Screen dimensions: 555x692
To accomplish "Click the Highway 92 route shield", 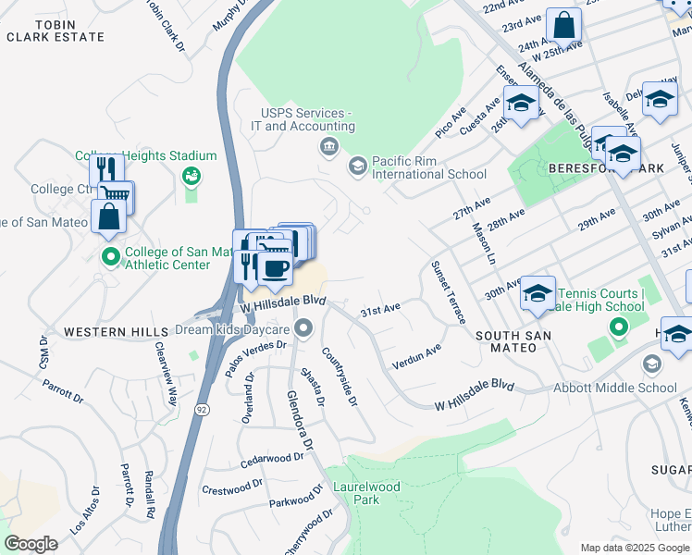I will [x=200, y=407].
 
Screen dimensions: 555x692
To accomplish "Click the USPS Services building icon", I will [x=328, y=147].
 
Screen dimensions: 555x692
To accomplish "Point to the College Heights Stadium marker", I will [x=192, y=175].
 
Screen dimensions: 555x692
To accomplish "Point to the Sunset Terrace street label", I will [x=447, y=292].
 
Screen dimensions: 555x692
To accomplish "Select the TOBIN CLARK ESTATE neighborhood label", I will [x=56, y=30].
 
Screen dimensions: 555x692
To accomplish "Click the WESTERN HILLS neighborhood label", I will [x=102, y=330].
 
